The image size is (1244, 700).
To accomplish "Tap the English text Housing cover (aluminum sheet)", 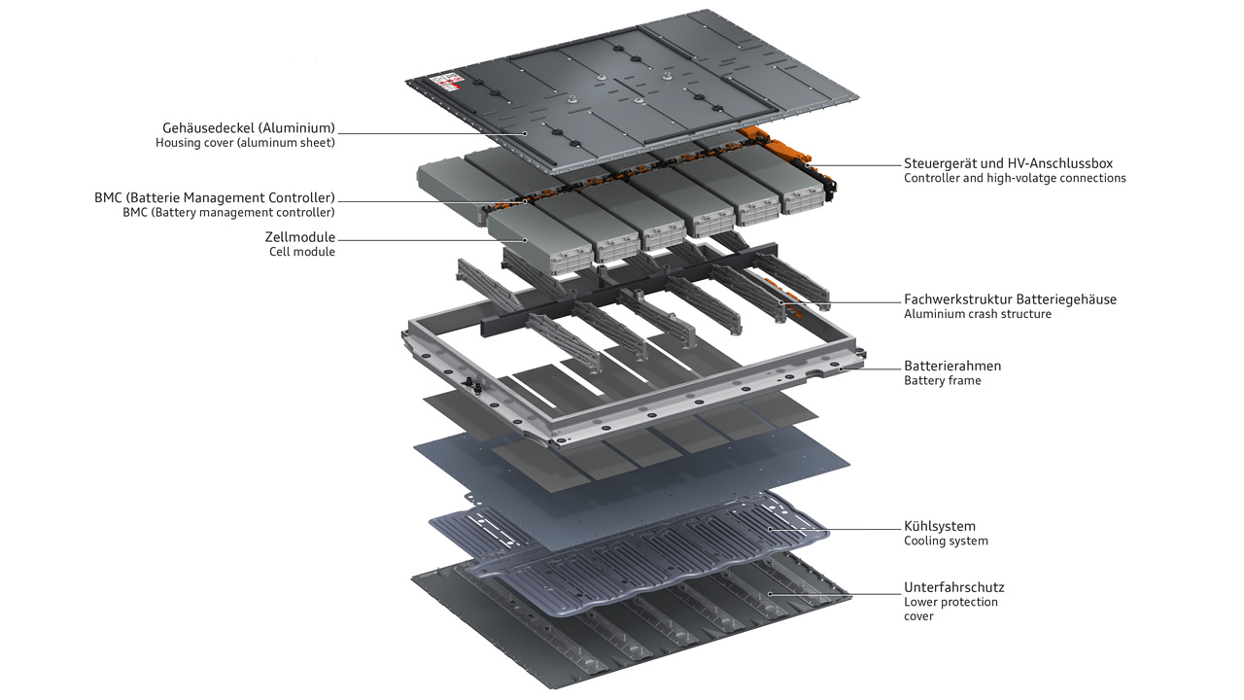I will [245, 143].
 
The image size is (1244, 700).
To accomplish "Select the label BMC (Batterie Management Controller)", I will [215, 197].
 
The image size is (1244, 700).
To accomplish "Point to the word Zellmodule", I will [299, 236].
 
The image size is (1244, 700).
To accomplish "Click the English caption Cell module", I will [302, 252].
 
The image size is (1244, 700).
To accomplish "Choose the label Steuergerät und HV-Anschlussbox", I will [1008, 163].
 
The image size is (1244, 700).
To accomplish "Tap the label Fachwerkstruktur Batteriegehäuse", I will [1010, 299].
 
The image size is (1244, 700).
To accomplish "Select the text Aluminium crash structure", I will [977, 314].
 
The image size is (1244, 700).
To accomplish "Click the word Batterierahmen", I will [952, 366].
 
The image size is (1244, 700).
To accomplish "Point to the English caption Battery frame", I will [942, 381].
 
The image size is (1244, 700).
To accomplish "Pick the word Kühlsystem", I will [939, 526].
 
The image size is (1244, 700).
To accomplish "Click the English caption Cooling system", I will [946, 542].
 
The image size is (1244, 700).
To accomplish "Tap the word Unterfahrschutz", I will [953, 587].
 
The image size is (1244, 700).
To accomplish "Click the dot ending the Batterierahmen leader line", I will [841, 369].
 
